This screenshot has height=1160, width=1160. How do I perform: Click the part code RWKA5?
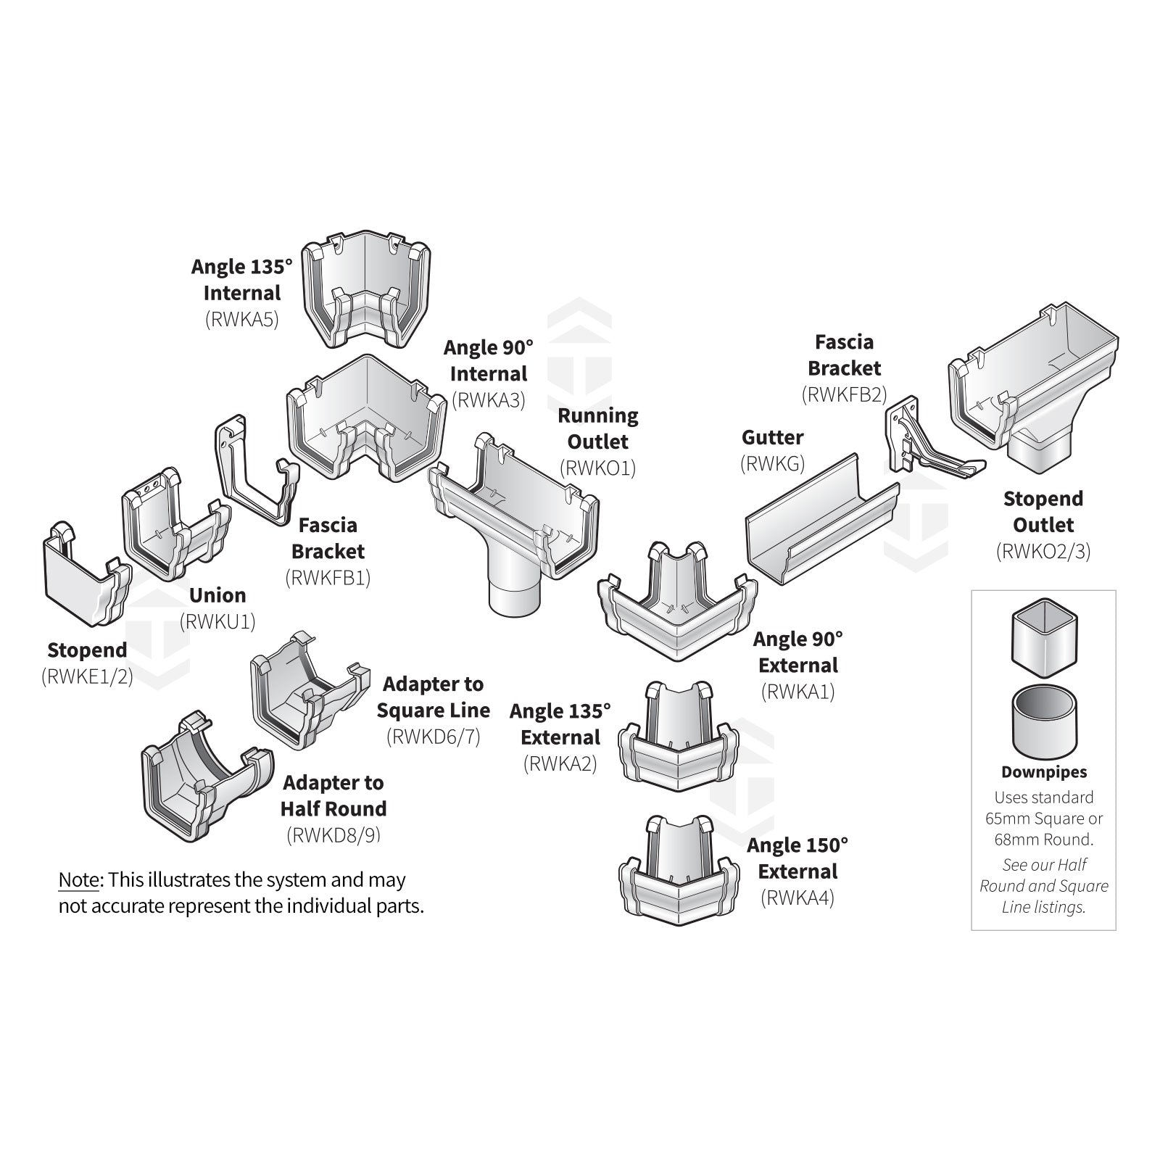(241, 320)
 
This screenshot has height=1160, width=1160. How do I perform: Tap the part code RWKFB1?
(328, 578)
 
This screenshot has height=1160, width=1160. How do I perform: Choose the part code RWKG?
(772, 464)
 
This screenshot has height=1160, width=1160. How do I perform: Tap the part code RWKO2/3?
(1043, 551)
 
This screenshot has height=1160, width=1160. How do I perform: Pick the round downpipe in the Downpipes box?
(1043, 721)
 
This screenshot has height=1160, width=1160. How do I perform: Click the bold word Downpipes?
(1043, 773)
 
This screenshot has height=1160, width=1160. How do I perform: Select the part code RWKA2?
(560, 764)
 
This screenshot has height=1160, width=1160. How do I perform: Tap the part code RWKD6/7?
(433, 737)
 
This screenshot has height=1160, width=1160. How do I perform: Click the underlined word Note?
(78, 880)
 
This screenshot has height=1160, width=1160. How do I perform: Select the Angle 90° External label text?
(797, 652)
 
